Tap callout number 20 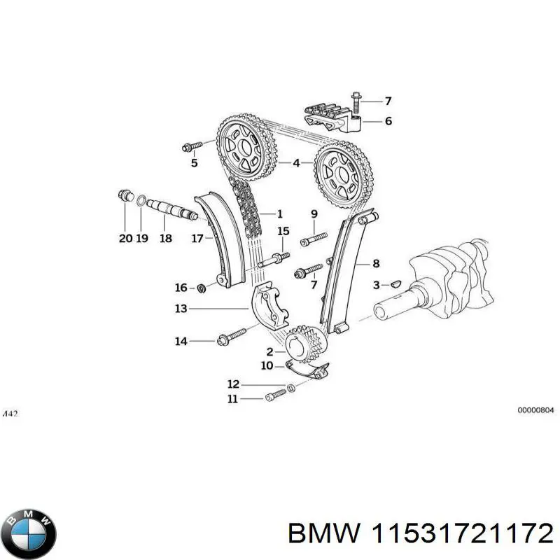125,238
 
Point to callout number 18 165,238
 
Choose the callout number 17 197,238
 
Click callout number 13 181,308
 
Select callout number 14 181,342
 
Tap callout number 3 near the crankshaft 376,285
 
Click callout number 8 376,264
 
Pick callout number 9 314,213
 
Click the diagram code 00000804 535,412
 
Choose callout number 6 388,121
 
